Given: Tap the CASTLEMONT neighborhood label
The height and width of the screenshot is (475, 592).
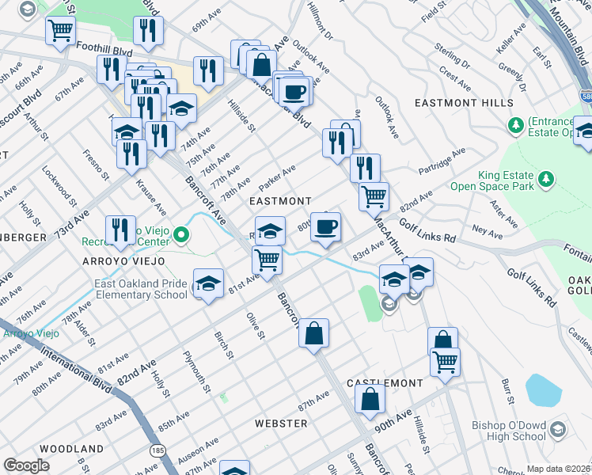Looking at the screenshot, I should pos(385,383).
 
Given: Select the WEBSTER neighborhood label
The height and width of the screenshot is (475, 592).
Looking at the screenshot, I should pos(281,424).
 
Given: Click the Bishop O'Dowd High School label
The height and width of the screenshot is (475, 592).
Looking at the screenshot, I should pos(509,431).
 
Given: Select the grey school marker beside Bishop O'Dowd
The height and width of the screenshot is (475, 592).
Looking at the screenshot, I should pos(557,430).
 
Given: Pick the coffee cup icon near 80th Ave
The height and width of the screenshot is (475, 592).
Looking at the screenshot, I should pos(326,228).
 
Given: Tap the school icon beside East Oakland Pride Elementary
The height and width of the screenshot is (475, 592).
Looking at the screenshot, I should pos(207,284).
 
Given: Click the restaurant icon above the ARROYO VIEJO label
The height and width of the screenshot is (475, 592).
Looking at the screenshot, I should pos(120,230).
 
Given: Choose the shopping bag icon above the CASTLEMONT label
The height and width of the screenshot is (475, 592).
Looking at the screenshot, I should pos(370,401).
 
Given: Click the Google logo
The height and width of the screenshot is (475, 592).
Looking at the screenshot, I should pos(26,465).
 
